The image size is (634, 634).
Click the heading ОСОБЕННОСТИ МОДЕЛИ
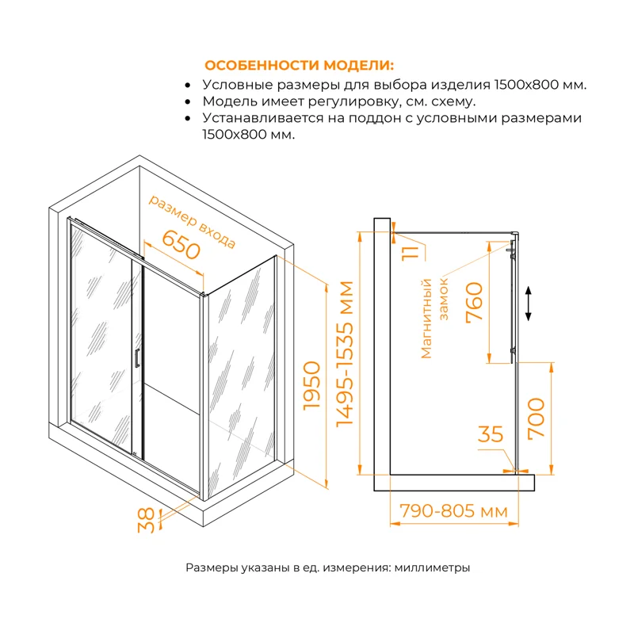(x=299, y=65)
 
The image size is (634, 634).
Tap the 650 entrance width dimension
(x=179, y=246)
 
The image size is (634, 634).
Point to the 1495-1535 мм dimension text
(x=346, y=354)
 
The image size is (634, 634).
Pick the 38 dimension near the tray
(x=146, y=519)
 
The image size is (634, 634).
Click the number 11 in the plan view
(x=408, y=254)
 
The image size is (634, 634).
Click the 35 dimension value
(x=491, y=434)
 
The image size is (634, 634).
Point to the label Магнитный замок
(x=436, y=317)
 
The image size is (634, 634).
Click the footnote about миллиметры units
(x=328, y=567)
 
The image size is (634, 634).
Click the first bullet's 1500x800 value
(x=525, y=84)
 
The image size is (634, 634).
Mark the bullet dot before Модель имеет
(x=187, y=101)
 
